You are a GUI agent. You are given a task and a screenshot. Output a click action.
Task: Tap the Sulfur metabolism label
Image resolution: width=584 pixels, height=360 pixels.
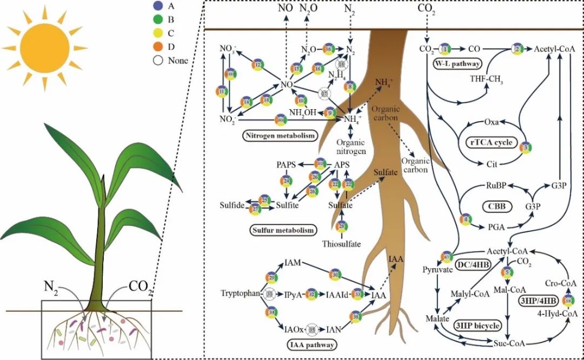(282, 230)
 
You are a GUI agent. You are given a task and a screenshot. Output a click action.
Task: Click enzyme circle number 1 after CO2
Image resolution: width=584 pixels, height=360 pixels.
(445, 49)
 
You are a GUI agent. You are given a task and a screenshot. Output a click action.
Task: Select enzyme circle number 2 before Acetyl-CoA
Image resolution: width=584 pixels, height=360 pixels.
(517, 49)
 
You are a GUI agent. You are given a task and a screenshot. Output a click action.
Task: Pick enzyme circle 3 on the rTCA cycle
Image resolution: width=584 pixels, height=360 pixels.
(525, 146)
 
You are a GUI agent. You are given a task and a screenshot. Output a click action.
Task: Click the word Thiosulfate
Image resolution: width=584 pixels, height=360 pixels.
(341, 244)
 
